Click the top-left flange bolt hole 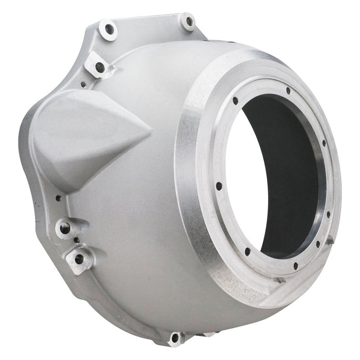coord(109,29)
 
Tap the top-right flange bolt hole coord(189,22)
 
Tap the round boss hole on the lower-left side coord(65,226)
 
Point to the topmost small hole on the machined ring coord(288,91)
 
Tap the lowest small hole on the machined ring coord(295,266)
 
